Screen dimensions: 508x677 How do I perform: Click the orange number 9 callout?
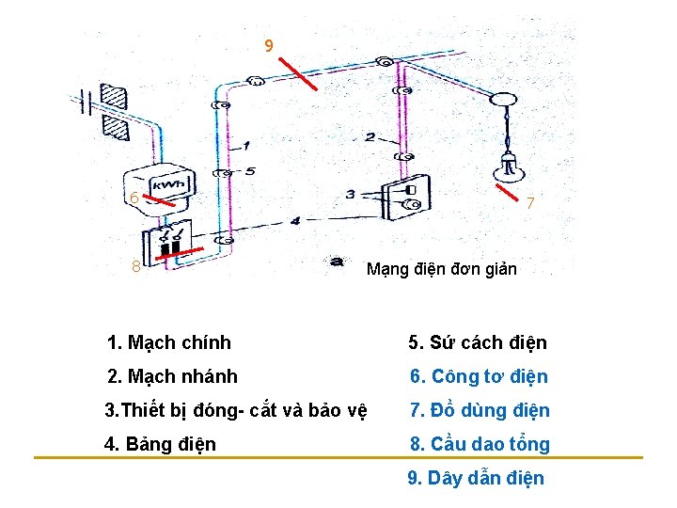(x=269, y=45)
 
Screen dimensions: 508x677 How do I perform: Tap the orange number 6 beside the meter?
(x=135, y=198)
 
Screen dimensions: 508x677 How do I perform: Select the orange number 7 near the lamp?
(x=530, y=203)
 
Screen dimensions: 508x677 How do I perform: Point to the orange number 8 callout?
(x=136, y=266)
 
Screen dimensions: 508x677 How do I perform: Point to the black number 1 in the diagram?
(x=245, y=146)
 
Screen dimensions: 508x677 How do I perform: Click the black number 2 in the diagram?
(x=370, y=137)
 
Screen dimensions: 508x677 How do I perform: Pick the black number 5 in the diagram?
(x=249, y=171)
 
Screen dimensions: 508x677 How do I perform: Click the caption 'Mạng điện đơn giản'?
(x=441, y=269)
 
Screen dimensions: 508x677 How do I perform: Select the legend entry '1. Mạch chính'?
(x=169, y=342)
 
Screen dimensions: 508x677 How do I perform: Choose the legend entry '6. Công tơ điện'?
(x=478, y=377)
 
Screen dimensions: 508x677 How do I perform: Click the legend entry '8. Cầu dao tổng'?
(x=479, y=444)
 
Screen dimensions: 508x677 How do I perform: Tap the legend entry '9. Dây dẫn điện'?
(x=476, y=478)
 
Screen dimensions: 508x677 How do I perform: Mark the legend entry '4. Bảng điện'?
(x=162, y=444)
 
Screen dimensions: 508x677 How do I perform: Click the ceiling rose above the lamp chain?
(x=506, y=98)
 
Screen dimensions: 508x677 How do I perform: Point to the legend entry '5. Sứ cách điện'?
(x=477, y=342)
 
